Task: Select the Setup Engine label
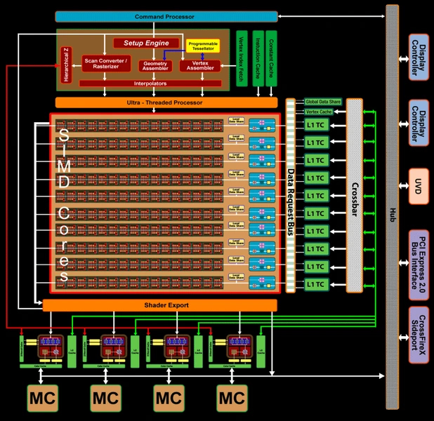(x=143, y=43)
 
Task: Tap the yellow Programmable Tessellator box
(x=203, y=46)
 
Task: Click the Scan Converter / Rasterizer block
(x=106, y=64)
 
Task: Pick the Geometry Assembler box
(x=154, y=65)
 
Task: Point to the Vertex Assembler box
(x=200, y=65)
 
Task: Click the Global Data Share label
(x=322, y=102)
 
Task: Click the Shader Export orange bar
(x=159, y=305)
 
